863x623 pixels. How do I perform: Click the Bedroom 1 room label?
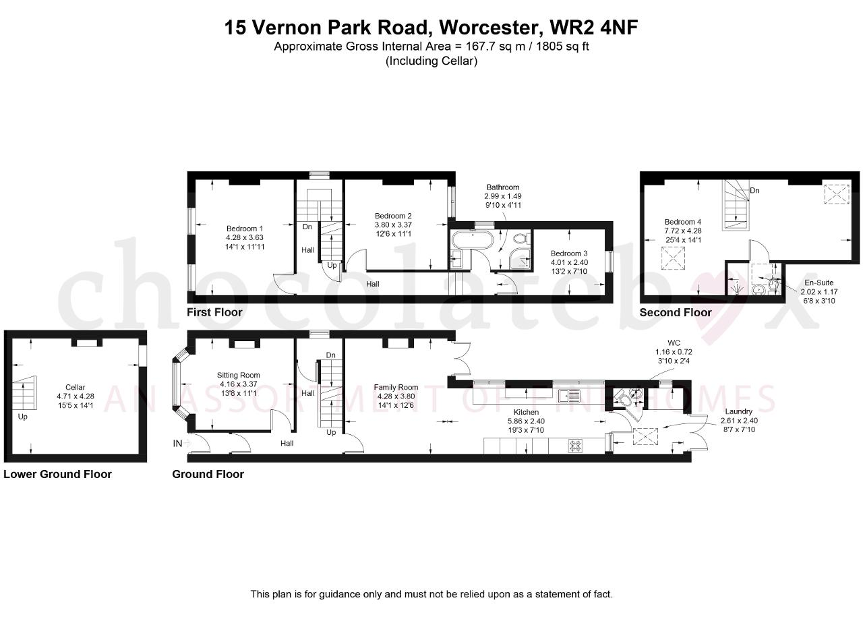pyautogui.click(x=245, y=229)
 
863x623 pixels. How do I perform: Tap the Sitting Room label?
pyautogui.click(x=239, y=375)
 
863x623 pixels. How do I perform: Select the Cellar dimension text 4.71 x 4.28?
pyautogui.click(x=76, y=396)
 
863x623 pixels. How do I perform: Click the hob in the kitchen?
pyautogui.click(x=576, y=446)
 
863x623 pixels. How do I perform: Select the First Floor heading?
pyautogui.click(x=214, y=312)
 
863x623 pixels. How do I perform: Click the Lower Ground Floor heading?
pyautogui.click(x=58, y=474)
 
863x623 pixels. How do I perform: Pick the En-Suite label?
pyautogui.click(x=819, y=283)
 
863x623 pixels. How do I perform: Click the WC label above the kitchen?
pyautogui.click(x=674, y=343)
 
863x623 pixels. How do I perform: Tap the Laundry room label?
pyautogui.click(x=738, y=411)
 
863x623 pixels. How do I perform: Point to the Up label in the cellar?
pyautogui.click(x=23, y=417)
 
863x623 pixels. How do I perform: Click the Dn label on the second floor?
pyautogui.click(x=754, y=190)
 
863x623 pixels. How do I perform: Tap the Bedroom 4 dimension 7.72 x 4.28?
pyautogui.click(x=683, y=231)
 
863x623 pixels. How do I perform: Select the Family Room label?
pyautogui.click(x=396, y=387)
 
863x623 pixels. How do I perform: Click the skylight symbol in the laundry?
pyautogui.click(x=646, y=437)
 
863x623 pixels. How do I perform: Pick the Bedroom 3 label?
pyautogui.click(x=569, y=254)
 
